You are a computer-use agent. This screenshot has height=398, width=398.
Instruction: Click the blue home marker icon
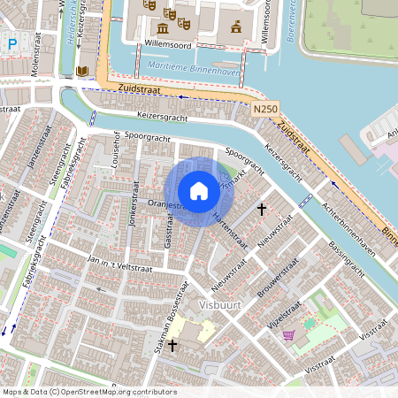pos(198,190)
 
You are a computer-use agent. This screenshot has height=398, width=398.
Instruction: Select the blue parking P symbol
pos(11,42)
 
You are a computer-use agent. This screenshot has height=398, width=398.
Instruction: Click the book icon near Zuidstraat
pos(82,71)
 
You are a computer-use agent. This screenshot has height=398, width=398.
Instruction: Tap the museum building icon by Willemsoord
pos(235,27)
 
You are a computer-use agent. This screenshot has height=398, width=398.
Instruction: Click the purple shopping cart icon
pos(288,335)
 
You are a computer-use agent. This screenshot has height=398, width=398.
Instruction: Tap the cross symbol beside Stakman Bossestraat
pos(172,347)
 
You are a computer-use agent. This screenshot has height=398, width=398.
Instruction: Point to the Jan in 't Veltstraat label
pos(121,264)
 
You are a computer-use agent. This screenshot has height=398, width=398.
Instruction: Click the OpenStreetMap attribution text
pos(88,392)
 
